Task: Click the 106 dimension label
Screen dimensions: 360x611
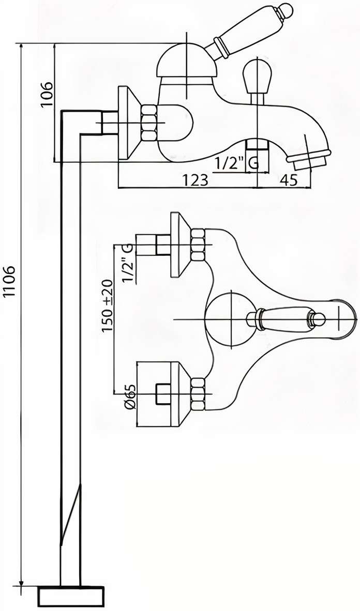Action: (47, 94)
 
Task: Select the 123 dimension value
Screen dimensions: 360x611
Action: (194, 180)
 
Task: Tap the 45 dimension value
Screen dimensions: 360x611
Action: (289, 180)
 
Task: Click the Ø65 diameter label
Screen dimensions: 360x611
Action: (130, 397)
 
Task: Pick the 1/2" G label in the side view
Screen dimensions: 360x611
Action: (236, 164)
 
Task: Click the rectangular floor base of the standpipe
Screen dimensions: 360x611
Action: (72, 598)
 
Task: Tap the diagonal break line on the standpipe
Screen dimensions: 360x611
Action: (70, 514)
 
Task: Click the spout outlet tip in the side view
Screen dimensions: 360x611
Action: (310, 158)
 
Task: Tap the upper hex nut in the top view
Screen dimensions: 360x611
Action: (198, 245)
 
